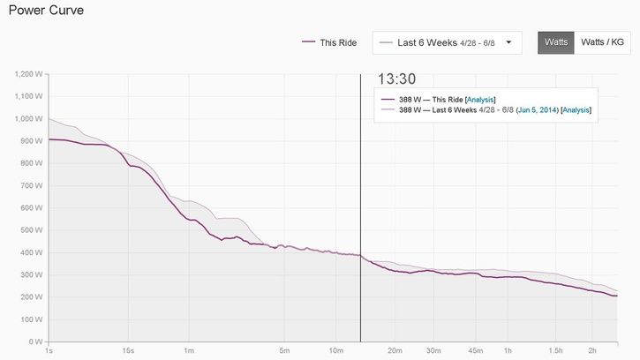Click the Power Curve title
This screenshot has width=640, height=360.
tap(35, 10)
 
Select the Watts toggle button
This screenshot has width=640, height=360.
tap(555, 42)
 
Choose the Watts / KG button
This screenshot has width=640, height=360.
tap(602, 42)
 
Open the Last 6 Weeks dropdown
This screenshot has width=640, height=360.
tap(447, 42)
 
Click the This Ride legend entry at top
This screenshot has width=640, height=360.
tap(329, 42)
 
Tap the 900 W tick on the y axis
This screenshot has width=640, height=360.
tap(32, 141)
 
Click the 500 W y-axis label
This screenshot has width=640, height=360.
tap(32, 230)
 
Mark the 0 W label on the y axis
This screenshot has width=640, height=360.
tap(35, 341)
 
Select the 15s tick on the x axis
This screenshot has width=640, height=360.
tap(128, 350)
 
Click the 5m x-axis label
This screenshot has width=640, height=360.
tap(284, 350)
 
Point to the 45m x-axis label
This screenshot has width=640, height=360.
tap(476, 350)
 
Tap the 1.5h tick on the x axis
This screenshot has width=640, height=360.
tap(554, 350)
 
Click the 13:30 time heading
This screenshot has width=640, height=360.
tap(396, 78)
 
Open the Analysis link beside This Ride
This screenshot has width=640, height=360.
tap(480, 99)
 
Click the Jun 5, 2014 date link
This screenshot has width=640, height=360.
tap(536, 110)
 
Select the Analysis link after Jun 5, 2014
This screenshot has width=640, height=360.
tap(576, 110)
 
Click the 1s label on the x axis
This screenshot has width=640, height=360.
tap(49, 350)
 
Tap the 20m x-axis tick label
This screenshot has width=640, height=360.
tap(396, 350)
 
